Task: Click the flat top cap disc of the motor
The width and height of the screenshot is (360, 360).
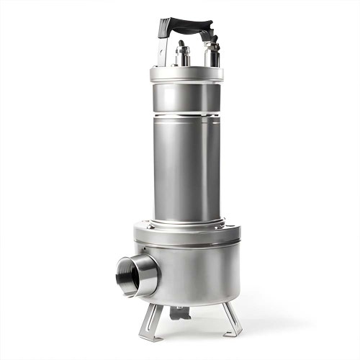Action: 186,73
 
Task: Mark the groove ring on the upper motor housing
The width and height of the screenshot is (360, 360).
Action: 186,113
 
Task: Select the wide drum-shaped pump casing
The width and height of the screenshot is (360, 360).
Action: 194,266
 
